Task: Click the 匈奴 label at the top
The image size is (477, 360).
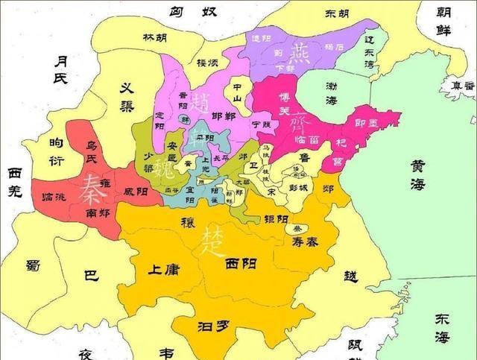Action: [185, 13]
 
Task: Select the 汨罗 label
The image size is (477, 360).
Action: [209, 325]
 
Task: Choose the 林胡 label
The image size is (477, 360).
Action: [155, 37]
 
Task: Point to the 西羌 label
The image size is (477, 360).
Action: [16, 182]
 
